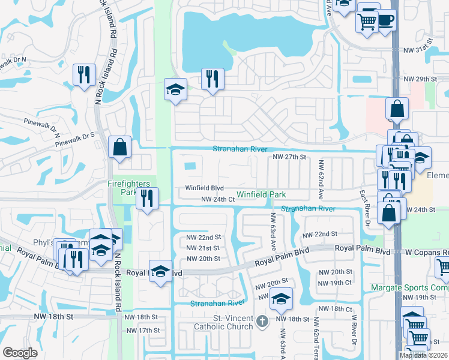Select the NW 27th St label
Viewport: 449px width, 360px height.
coord(289,157)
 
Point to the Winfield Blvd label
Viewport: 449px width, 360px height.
coord(204,188)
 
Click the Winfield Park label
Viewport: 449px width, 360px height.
coord(261,194)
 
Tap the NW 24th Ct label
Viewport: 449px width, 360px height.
coord(217,199)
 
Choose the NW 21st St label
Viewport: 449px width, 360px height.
coord(203,248)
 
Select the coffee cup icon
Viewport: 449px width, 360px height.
coord(385,20)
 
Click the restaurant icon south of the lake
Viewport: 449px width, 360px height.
coord(212,79)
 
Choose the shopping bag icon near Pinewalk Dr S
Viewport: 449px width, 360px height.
coord(120,146)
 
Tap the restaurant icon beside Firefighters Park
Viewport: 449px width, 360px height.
coord(146,197)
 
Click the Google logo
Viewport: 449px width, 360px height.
coord(20,353)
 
